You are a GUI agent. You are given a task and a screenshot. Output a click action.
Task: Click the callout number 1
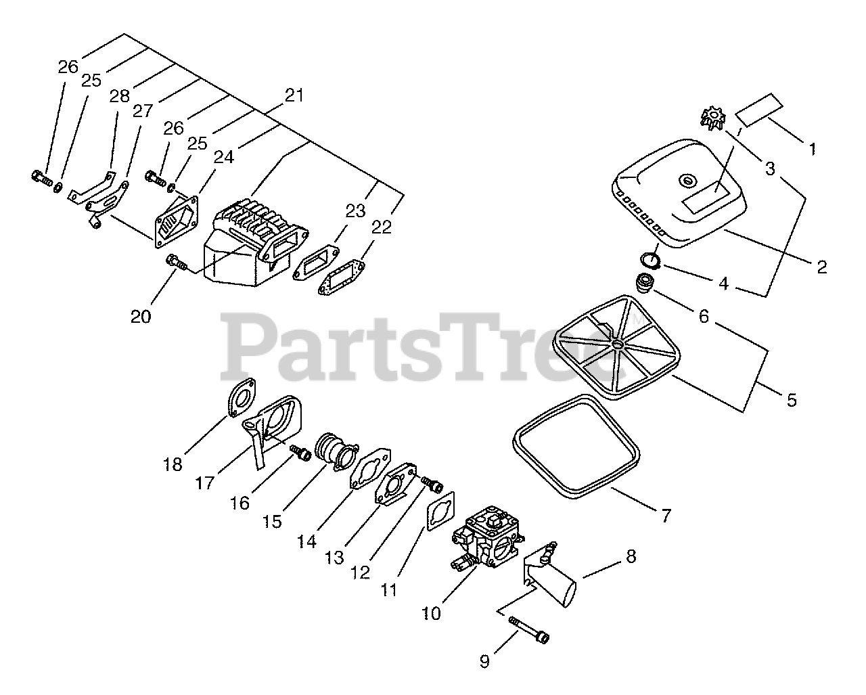tap(813, 148)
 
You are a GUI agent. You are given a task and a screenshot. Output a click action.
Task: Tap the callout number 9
tap(484, 661)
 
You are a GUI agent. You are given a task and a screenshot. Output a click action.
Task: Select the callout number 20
tap(141, 315)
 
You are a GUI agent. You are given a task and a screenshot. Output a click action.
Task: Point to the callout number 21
tap(294, 95)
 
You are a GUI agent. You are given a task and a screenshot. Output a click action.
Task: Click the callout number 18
tap(173, 464)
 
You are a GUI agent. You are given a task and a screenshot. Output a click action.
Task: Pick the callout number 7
tap(666, 516)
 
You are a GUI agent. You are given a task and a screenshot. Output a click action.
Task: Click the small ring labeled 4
tap(651, 259)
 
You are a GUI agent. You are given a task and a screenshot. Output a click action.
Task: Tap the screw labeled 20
tap(177, 261)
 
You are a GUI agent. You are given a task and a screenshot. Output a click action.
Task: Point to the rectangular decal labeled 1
tap(759, 109)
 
